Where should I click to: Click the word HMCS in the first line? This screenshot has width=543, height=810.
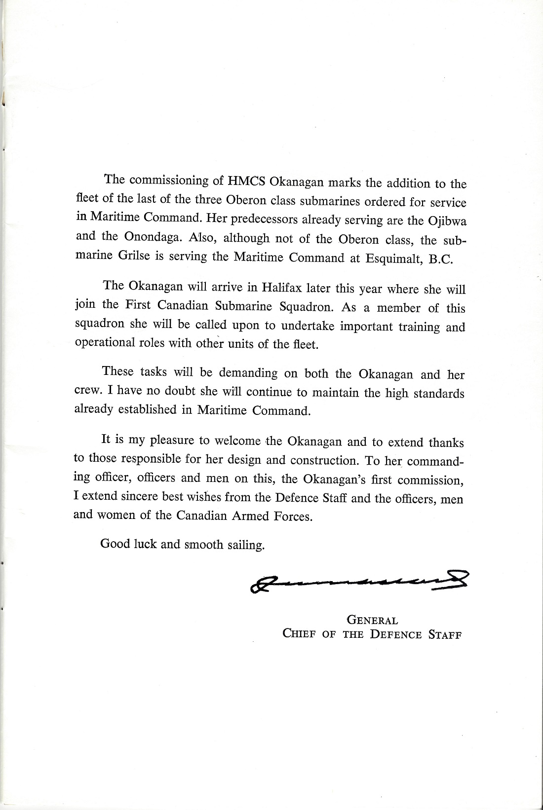tap(246, 181)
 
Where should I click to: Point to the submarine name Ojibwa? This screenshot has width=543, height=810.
tap(448, 221)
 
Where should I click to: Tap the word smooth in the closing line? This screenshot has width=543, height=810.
tap(203, 545)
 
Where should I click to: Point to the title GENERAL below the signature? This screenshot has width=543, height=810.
tap(373, 620)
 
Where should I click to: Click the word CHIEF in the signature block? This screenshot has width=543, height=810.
tap(299, 634)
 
